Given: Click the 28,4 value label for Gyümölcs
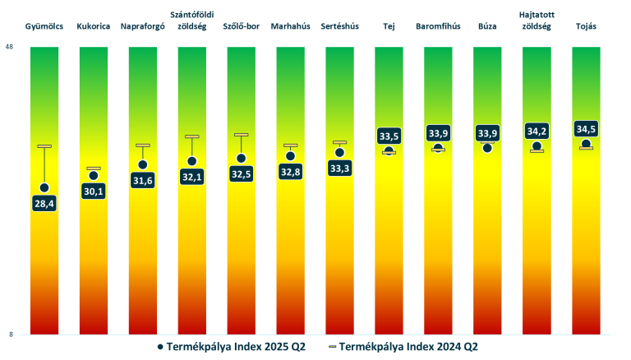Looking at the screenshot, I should [44, 203].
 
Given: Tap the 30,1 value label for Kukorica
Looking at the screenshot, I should [94, 191].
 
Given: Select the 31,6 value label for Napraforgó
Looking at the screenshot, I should [143, 180].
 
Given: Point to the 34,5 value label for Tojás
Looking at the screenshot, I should [586, 129].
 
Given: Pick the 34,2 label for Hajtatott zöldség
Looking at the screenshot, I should [537, 131].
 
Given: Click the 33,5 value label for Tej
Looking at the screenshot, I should [389, 136].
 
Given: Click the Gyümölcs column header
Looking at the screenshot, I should [44, 27].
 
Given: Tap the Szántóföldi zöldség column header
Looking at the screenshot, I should [191, 21].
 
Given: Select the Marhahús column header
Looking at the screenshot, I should [290, 27].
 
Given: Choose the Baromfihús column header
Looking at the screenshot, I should [438, 27].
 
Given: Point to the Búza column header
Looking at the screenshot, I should [487, 27].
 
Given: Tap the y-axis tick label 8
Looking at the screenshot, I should [10, 335].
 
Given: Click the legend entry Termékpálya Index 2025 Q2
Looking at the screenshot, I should [231, 347].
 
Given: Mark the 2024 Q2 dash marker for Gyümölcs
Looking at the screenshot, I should [44, 146].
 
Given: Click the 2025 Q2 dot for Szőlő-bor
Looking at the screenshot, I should [241, 159].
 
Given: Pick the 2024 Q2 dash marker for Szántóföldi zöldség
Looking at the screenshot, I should [192, 136].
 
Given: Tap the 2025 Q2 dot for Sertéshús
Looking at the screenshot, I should [339, 153].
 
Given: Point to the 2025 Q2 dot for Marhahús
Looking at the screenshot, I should [290, 156].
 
